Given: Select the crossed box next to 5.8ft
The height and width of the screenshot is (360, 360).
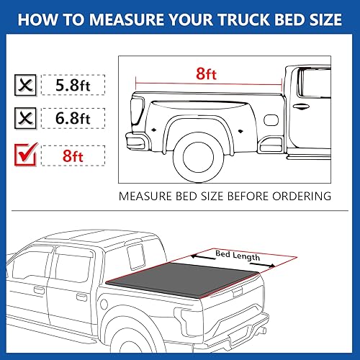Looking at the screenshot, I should pos(27,86).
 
